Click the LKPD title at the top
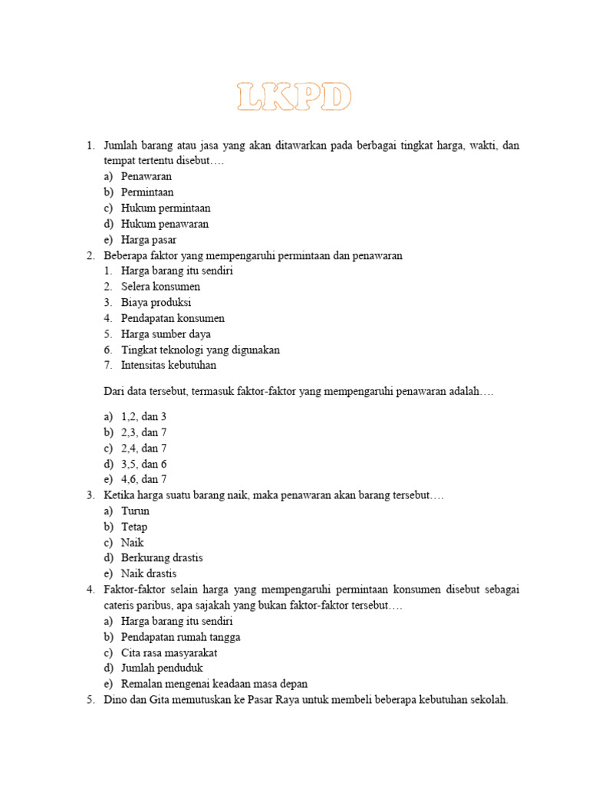click(x=294, y=98)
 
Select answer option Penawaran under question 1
click(x=146, y=176)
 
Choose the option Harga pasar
click(x=149, y=240)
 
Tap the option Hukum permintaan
click(x=166, y=208)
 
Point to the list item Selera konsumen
click(x=160, y=287)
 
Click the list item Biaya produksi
click(x=156, y=303)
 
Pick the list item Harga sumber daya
click(x=166, y=334)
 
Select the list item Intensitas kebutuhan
click(x=169, y=366)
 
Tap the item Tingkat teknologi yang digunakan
click(x=200, y=350)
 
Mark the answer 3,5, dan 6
click(x=143, y=464)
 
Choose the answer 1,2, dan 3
click(x=143, y=416)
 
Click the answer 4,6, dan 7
click(x=143, y=479)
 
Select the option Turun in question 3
click(x=135, y=511)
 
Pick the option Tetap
click(x=134, y=527)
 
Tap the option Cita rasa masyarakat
click(x=169, y=652)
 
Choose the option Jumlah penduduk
click(x=162, y=668)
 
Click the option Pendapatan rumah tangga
click(x=180, y=637)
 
